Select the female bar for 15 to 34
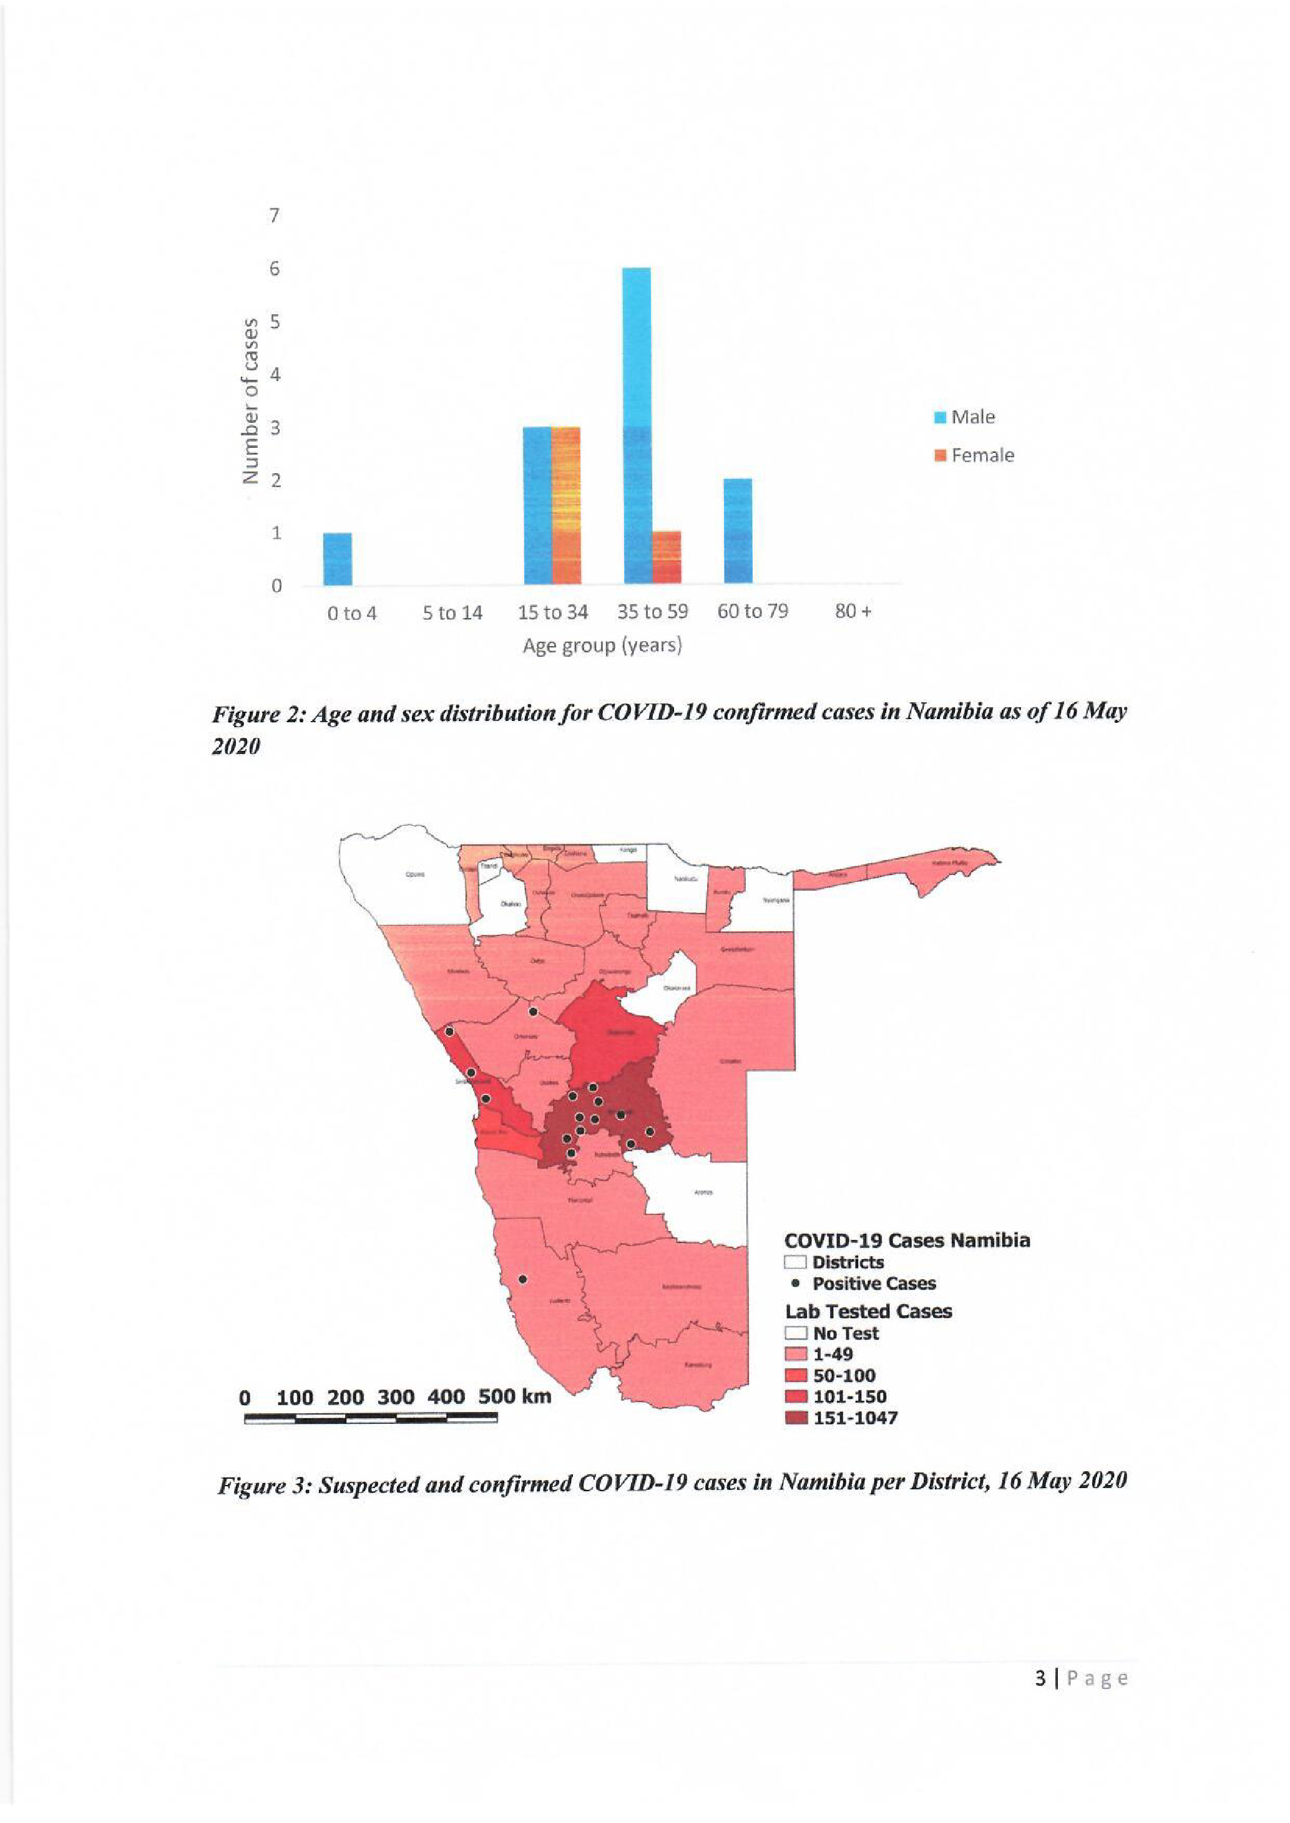click(565, 505)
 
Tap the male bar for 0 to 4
click(338, 558)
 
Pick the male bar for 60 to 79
click(737, 530)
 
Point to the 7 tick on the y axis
click(275, 215)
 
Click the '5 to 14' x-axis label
click(452, 613)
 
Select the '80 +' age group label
click(853, 611)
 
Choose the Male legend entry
click(965, 417)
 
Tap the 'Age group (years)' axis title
click(602, 646)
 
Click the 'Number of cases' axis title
click(251, 401)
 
